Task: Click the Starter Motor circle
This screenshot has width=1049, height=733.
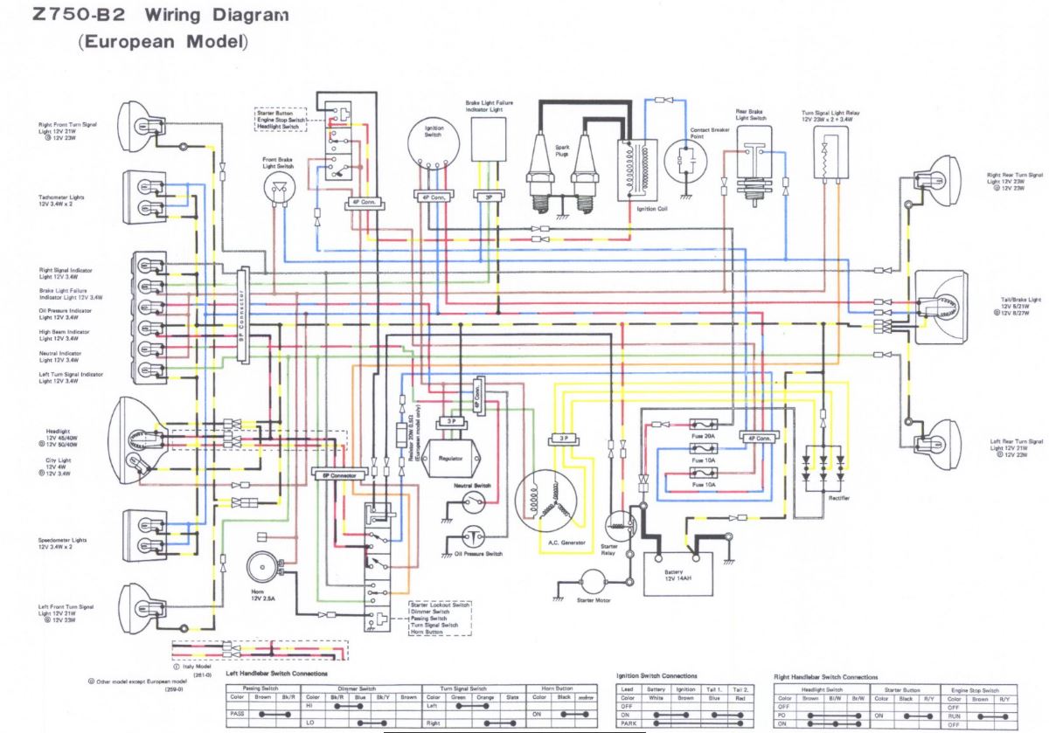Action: pyautogui.click(x=594, y=583)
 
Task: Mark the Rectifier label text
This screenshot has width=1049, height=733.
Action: pyautogui.click(x=839, y=497)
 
